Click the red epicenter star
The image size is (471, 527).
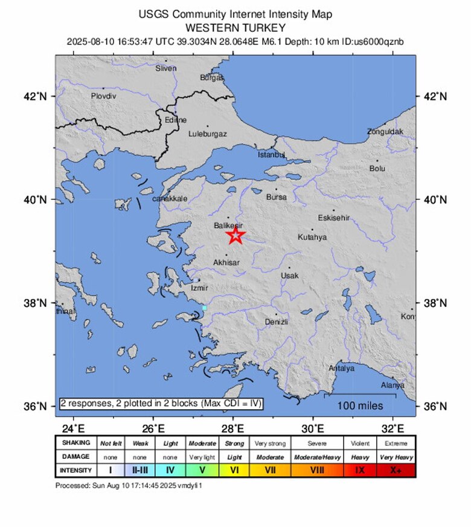point(235,235)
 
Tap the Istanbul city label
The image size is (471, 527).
point(271,155)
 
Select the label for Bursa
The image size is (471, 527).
point(277,197)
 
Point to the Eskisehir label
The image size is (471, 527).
point(333,218)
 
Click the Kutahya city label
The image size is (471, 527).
point(312,238)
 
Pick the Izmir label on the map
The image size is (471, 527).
point(199,288)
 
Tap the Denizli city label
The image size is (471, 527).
point(277,322)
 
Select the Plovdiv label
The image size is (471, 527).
point(103,96)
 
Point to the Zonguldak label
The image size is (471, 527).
point(385,131)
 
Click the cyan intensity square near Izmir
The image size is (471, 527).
point(204,308)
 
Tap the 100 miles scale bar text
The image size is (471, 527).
point(360,404)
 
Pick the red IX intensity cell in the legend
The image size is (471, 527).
point(360,470)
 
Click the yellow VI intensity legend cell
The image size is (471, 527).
point(235,470)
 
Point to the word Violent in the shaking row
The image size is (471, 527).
point(360,443)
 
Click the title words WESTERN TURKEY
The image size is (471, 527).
point(235,28)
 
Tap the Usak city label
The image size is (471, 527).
point(290,276)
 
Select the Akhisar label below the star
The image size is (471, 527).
point(226,263)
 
